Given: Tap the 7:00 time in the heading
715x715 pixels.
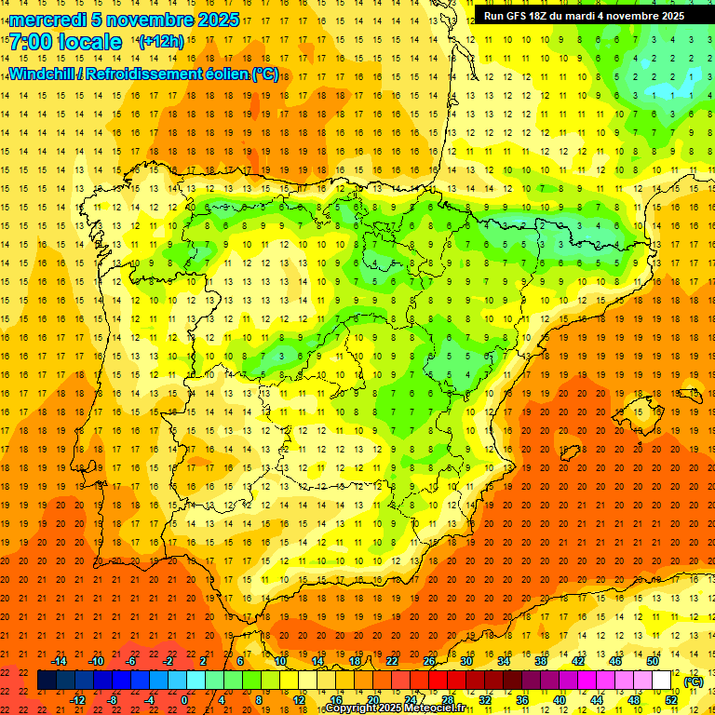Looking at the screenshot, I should coord(34,42).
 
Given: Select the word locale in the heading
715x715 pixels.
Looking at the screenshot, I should coord(96,42).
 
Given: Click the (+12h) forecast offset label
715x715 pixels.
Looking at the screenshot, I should coord(161,41).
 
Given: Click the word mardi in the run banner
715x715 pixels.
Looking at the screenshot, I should coord(600,16).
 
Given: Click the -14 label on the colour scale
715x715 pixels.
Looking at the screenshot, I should coord(59,661).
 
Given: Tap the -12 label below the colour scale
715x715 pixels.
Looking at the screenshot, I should coord(77,699).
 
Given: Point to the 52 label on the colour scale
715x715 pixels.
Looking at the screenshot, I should coord(671,699).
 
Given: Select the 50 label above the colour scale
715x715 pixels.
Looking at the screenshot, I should coord(653,661).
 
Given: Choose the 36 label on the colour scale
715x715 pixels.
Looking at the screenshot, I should coord(522,699).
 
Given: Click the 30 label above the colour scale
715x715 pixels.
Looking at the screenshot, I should coord(466,661).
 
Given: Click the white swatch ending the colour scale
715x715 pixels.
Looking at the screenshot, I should coord(662,681).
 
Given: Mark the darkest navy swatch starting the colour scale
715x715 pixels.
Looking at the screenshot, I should coord(47,681).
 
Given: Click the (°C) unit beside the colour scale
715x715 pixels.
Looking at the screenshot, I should coord(693,681).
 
